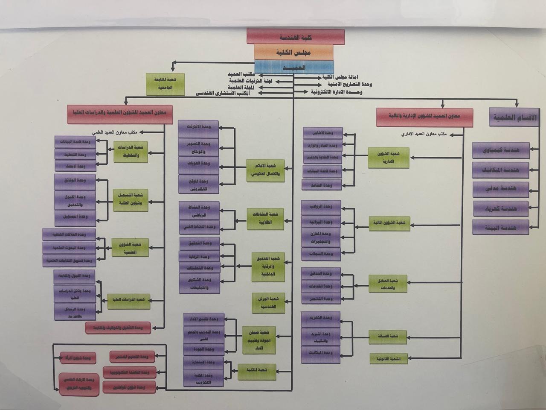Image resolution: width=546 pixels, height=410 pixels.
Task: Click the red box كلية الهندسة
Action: pos(295,37)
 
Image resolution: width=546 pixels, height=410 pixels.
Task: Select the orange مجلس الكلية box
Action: pos(293,52)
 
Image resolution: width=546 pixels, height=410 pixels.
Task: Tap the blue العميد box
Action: pos(294,67)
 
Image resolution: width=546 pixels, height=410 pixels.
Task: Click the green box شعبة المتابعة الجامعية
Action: pos(165,84)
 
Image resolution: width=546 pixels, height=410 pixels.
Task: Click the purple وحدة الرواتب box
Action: pos(327,208)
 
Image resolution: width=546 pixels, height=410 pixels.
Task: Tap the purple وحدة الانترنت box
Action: pos(198,127)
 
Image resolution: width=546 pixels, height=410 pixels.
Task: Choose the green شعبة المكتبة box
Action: pos(256,370)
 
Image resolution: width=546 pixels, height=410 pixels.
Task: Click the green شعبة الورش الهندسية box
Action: pos(268,303)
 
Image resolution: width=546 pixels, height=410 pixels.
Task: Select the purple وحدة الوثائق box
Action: pos(75,181)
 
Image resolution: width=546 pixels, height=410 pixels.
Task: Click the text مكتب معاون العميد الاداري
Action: pos(424,134)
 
